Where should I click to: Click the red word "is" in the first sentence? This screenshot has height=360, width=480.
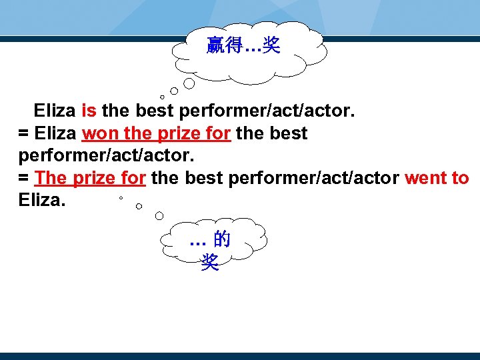(89, 111)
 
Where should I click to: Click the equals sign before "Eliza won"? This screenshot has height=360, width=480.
(23, 134)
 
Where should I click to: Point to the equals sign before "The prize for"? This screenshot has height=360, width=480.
(23, 179)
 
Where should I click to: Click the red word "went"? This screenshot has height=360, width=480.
(425, 179)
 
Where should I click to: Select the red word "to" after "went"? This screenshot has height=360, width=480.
(460, 179)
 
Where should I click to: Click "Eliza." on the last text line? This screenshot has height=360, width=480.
(42, 201)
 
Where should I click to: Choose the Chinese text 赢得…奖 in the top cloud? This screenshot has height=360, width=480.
(243, 46)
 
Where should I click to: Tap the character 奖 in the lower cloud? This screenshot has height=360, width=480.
(209, 263)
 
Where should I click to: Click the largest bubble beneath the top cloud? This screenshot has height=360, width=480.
(189, 83)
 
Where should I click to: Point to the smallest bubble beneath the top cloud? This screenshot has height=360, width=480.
(162, 97)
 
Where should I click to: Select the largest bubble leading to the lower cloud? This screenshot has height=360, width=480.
(159, 215)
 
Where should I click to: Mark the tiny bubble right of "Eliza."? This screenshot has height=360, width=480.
(121, 199)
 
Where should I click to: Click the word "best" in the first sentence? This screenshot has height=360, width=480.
(155, 111)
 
